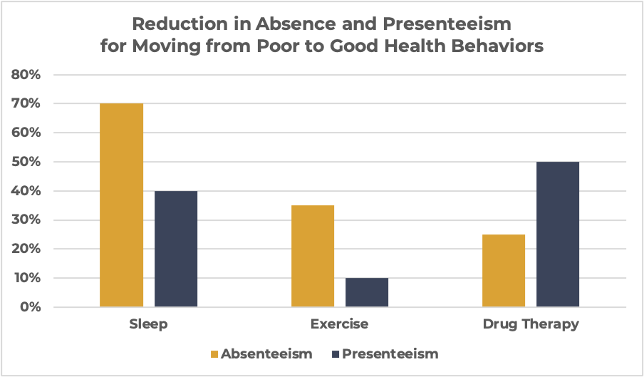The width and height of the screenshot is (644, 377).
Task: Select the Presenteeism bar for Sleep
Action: [x=175, y=249]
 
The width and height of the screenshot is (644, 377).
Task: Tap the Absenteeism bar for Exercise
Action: [x=313, y=256]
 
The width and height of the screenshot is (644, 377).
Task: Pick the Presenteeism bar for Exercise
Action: [x=367, y=292]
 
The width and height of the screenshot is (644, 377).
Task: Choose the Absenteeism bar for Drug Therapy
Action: [x=504, y=271]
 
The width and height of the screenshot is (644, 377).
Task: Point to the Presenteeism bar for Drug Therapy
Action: [x=558, y=234]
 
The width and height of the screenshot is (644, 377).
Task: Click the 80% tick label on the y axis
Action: [x=26, y=75]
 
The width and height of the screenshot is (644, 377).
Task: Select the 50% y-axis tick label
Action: [x=26, y=162]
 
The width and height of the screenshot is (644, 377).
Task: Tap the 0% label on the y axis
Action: [x=30, y=307]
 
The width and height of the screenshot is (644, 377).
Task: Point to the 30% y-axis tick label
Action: [x=26, y=220]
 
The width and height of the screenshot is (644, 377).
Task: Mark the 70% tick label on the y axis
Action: [x=26, y=104]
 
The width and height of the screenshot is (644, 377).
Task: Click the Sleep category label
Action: [x=148, y=324]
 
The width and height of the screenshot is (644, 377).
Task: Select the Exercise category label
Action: [x=340, y=324]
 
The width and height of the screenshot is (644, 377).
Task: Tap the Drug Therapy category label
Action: [x=531, y=324]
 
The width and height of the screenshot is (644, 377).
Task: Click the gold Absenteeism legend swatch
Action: [x=214, y=353]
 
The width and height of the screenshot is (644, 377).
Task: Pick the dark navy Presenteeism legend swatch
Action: [x=335, y=353]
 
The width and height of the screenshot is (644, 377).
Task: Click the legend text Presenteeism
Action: [x=390, y=353]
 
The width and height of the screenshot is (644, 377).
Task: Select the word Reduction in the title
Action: [x=181, y=24]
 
